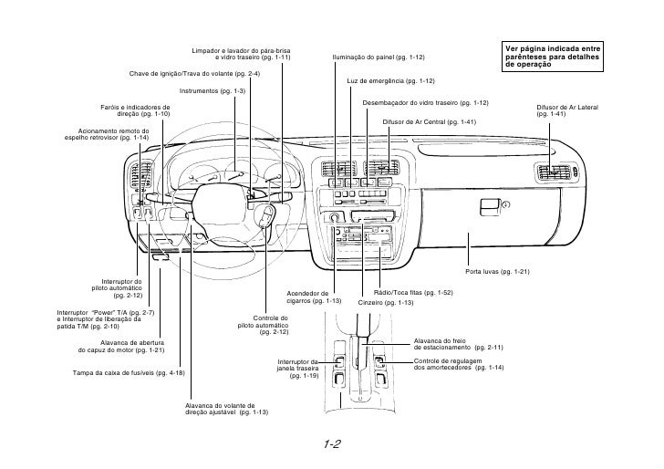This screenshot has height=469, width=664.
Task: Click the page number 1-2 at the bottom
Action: pos(331,444)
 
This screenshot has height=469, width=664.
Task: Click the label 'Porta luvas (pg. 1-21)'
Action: pos(497,272)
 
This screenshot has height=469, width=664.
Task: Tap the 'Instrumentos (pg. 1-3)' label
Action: pos(213,91)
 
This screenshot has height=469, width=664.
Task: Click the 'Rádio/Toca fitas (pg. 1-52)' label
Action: pos(413,292)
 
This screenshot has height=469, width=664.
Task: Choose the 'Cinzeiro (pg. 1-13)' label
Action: pos(385,302)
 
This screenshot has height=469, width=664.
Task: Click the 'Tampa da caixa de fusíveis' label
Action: pos(128,373)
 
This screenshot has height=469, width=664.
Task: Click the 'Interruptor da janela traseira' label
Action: pos(304,368)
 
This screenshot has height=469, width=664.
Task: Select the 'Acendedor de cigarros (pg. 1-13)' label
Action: pos(314,297)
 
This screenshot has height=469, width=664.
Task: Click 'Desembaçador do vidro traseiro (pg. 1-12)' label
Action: pos(426,102)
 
